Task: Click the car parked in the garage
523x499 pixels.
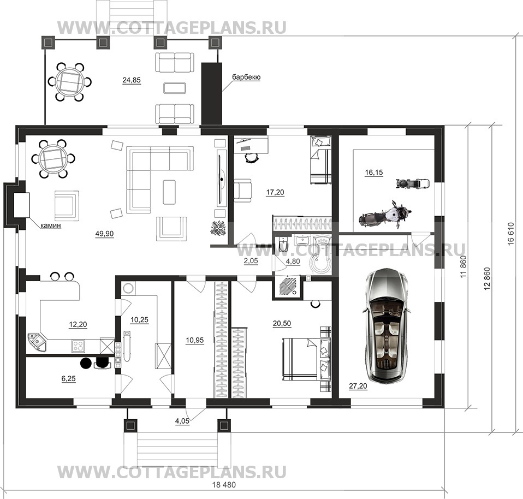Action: coord(386,326)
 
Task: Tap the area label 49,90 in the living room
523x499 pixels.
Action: coord(104,234)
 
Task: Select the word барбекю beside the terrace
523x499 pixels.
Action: coord(246,77)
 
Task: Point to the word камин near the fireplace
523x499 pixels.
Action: coord(51,225)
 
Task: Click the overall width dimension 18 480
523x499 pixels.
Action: coord(224,485)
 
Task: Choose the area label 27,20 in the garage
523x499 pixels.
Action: coord(358,386)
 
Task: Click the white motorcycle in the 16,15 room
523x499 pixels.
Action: coord(385,215)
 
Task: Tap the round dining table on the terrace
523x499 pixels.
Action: coord(69,82)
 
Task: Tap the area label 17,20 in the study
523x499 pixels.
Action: coord(275,192)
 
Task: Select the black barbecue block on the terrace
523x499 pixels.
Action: coord(211,93)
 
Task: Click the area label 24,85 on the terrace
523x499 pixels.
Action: coord(132,80)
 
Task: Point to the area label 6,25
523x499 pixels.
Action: coord(69,378)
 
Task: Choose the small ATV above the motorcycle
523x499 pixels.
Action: coord(413,183)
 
